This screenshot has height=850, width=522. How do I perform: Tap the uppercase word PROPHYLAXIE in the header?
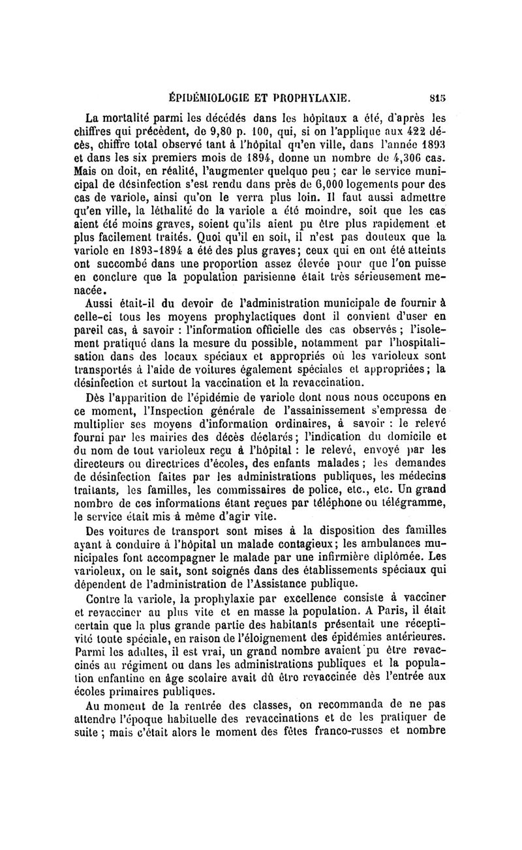[316, 99]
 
